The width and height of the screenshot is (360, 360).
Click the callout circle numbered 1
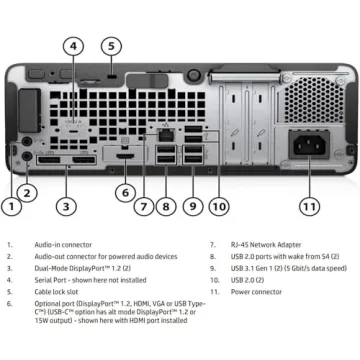(12, 208)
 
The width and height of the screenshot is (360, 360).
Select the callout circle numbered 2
(28, 192)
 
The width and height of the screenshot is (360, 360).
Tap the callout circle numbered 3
(66, 206)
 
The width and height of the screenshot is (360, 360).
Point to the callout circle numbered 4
(74, 45)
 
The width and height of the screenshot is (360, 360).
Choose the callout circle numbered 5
(112, 45)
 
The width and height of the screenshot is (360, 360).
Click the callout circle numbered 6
(125, 192)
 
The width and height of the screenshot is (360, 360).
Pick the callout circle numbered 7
(144, 206)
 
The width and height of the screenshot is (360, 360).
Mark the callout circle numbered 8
(168, 206)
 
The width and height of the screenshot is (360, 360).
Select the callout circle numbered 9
(193, 206)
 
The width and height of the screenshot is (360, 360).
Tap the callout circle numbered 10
(218, 206)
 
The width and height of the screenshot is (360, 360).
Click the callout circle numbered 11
(309, 206)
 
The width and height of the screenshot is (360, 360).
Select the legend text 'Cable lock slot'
(59, 292)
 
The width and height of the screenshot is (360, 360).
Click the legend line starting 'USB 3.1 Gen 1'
(283, 268)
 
